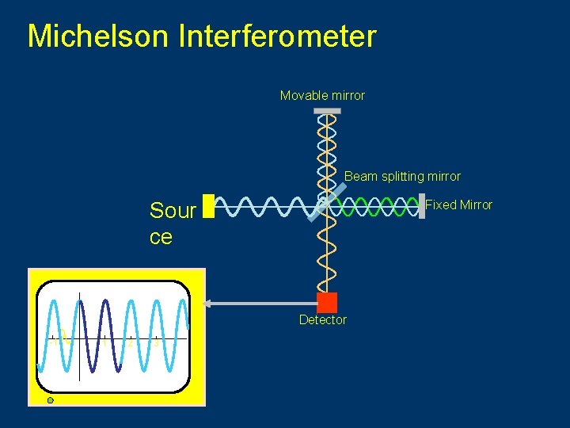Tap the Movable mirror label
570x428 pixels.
322,96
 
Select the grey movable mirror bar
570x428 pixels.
325,110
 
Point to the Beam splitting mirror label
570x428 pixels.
402,176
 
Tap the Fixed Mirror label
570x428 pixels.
458,205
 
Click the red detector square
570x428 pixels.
326,302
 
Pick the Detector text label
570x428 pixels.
322,320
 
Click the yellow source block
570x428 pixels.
208,206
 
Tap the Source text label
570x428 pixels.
173,223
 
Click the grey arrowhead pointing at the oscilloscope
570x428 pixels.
208,303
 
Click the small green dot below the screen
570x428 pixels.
50,401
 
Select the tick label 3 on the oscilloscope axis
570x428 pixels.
156,343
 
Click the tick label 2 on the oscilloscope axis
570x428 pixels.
131,343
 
